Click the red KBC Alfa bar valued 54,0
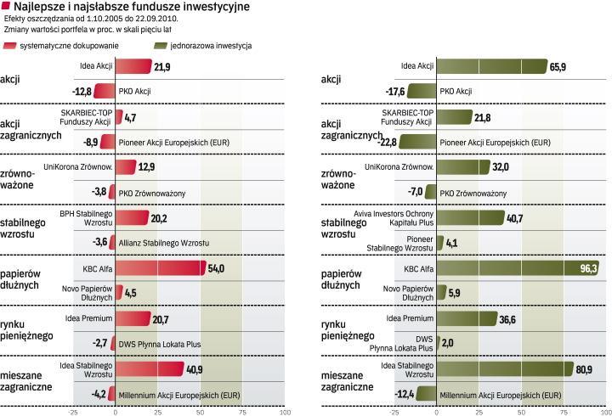coord(160,268)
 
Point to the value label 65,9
coord(559,66)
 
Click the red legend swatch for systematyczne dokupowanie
coord(10,45)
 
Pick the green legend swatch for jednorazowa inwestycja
coord(152,45)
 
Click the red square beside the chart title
coord(8,7)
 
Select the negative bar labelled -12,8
coord(104,91)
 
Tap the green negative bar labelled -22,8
coord(417,142)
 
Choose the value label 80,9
coord(586,369)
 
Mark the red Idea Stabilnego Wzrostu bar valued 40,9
coord(149,369)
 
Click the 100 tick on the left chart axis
coord(285,412)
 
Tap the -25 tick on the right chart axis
coord(394,412)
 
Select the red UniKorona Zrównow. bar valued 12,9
coord(125,167)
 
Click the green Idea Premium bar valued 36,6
coord(467,318)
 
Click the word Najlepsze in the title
coord(41,7)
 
